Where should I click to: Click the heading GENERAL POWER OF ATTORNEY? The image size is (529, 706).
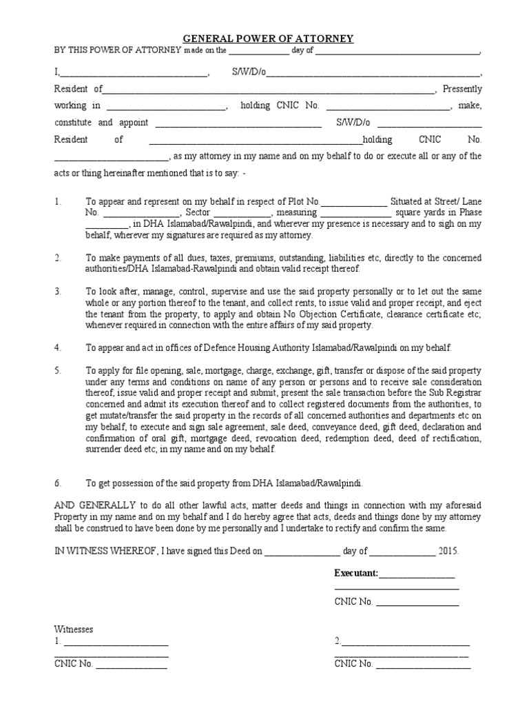click(x=268, y=39)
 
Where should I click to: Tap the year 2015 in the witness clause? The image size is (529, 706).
click(x=448, y=552)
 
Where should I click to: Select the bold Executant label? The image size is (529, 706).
click(x=356, y=573)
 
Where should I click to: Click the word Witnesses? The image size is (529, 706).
click(x=74, y=629)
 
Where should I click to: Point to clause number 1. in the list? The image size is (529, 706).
click(x=59, y=202)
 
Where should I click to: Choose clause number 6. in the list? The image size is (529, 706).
click(x=59, y=483)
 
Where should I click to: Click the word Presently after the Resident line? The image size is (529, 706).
click(x=462, y=89)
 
